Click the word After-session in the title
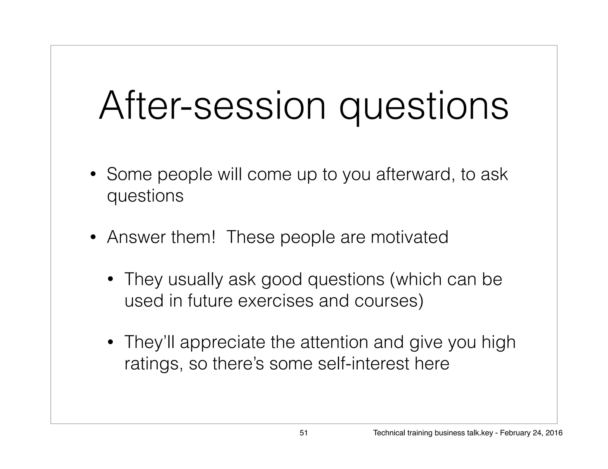(x=212, y=106)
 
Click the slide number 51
(x=303, y=433)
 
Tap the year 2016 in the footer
(x=554, y=433)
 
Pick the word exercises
(x=275, y=301)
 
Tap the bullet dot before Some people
(x=93, y=174)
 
